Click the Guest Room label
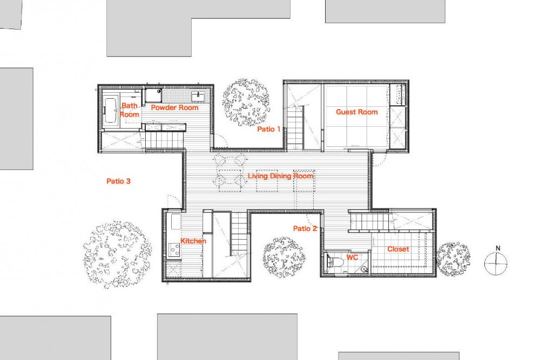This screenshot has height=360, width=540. click(357, 112)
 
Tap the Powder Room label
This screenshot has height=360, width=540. click(174, 107)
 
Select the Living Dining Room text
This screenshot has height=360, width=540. click(281, 176)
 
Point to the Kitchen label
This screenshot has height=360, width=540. click(193, 241)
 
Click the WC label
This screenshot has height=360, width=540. click(352, 257)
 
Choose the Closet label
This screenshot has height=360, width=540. click(398, 249)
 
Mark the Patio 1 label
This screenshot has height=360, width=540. click(268, 129)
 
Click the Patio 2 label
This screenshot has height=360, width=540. click(305, 228)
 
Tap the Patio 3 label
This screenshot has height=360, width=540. click(118, 181)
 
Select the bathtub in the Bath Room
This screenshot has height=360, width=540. click(110, 111)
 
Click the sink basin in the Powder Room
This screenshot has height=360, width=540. click(198, 96)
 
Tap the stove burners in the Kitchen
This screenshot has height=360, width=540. click(174, 249)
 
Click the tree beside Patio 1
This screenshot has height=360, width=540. click(246, 103)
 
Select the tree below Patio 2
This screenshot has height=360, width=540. click(284, 257)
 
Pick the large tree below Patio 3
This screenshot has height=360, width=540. click(117, 254)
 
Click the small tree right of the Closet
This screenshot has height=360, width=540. click(453, 260)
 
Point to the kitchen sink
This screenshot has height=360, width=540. click(175, 222)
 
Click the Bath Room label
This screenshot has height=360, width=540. click(130, 110)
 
